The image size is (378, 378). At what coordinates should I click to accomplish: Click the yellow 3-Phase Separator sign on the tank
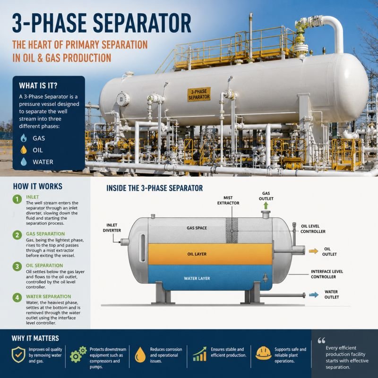coord(199,94)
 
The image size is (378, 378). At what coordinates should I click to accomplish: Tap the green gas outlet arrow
coord(266,206)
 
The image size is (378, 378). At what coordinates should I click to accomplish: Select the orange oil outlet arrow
coord(313,251)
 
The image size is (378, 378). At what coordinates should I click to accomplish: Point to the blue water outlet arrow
coord(314,294)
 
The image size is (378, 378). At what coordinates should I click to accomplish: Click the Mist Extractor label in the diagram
coord(228,200)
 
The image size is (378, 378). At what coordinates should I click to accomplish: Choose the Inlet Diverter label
coord(112,228)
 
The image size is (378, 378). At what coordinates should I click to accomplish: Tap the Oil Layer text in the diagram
coord(197,254)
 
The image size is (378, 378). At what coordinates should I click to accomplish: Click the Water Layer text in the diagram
coord(197,278)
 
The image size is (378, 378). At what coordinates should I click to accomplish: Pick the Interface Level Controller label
coord(326,274)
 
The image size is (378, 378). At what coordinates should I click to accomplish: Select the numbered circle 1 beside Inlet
coord(17,199)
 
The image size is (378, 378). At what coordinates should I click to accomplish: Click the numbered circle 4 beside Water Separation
coord(17,298)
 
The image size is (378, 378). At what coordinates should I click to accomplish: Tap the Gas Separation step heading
coord(45,234)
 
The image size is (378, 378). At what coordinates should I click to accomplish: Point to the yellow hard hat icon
coord(263,353)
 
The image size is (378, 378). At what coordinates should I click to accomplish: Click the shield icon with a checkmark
coord(18,355)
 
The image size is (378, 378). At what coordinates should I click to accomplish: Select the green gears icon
coord(78,354)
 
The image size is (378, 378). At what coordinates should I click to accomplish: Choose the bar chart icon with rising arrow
coord(199,354)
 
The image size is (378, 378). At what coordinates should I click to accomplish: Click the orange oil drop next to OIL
coord(24,150)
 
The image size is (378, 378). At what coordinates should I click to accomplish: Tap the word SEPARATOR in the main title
coord(142,23)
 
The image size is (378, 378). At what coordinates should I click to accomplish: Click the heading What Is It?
coord(38,86)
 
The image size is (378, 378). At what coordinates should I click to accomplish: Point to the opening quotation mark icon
coord(321,340)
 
